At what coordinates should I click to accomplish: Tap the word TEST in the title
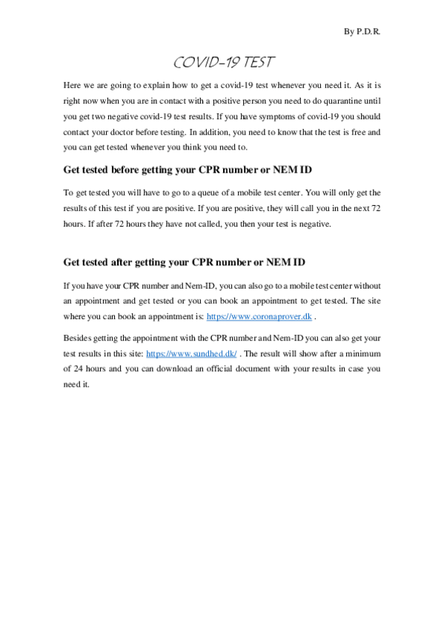[258, 61]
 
